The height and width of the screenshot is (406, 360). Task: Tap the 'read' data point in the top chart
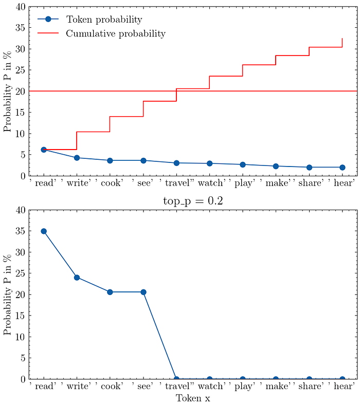(44, 150)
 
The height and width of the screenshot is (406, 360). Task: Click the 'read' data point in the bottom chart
(44, 231)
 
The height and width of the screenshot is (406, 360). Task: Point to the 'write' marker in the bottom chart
(77, 278)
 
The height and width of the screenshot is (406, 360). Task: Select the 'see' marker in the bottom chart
(143, 292)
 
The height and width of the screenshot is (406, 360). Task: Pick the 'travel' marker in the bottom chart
(176, 379)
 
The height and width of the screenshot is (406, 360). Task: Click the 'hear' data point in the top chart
(343, 167)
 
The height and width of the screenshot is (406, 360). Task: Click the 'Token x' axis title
(193, 398)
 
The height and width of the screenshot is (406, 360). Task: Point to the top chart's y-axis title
(8, 91)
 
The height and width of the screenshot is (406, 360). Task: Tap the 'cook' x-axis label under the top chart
(110, 183)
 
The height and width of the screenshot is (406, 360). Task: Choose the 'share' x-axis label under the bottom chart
(309, 386)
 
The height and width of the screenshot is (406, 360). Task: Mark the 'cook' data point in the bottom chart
(110, 292)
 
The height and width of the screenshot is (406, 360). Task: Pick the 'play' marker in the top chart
(243, 164)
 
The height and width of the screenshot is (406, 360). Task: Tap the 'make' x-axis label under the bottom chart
(276, 386)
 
